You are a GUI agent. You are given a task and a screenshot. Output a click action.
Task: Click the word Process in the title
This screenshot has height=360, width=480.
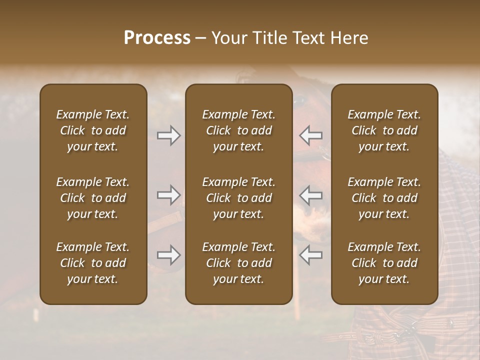click(157, 38)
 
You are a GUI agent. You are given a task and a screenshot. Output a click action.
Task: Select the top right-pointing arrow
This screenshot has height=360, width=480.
click(168, 135)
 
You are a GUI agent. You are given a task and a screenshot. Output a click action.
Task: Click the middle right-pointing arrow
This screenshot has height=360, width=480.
click(168, 195)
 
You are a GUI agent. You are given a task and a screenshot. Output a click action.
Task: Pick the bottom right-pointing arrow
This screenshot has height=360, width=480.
click(168, 255)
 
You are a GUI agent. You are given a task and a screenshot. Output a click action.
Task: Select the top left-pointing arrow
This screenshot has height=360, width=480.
click(311, 135)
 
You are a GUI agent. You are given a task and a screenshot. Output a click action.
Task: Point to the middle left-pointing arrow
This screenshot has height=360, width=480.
click(311, 195)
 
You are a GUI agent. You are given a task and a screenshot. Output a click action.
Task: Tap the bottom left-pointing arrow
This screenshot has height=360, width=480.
click(311, 255)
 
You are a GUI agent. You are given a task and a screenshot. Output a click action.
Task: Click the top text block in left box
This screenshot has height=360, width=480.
click(93, 130)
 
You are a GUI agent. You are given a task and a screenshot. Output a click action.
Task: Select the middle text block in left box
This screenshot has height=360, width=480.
click(93, 198)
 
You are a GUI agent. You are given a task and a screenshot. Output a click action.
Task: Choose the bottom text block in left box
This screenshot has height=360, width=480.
click(93, 263)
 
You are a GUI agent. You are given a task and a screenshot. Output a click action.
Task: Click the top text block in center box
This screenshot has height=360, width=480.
click(238, 130)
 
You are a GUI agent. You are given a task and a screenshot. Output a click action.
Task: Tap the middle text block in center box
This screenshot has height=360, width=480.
click(238, 198)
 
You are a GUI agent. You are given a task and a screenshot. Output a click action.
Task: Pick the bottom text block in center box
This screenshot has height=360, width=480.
click(238, 263)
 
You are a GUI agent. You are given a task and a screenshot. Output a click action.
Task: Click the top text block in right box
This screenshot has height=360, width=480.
click(384, 130)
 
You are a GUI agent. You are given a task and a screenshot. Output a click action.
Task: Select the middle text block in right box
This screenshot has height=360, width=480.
click(384, 198)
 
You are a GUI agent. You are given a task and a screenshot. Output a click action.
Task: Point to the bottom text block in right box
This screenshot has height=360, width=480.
click(384, 263)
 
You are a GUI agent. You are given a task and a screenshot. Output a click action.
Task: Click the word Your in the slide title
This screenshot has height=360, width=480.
click(228, 38)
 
